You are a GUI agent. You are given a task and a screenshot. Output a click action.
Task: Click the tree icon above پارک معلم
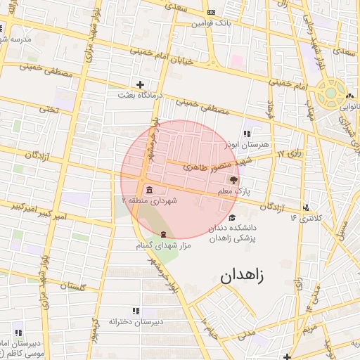[x=233, y=181]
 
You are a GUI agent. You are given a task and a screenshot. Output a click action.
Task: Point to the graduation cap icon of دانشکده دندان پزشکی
[x=233, y=217]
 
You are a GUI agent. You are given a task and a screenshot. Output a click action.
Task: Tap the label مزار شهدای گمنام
[x=164, y=245]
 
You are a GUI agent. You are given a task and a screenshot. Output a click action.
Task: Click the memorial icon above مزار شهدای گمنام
[x=164, y=234]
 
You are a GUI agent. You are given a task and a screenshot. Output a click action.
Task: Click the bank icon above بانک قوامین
[x=212, y=13]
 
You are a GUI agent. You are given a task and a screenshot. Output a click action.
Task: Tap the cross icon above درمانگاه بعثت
[x=140, y=84]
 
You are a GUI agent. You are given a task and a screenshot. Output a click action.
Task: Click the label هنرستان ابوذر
[x=245, y=143]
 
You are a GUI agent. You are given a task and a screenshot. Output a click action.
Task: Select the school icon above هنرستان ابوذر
[x=246, y=133]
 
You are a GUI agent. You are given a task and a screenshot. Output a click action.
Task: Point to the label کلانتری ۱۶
[x=306, y=218]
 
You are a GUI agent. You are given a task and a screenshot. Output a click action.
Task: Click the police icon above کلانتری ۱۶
[x=306, y=207]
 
